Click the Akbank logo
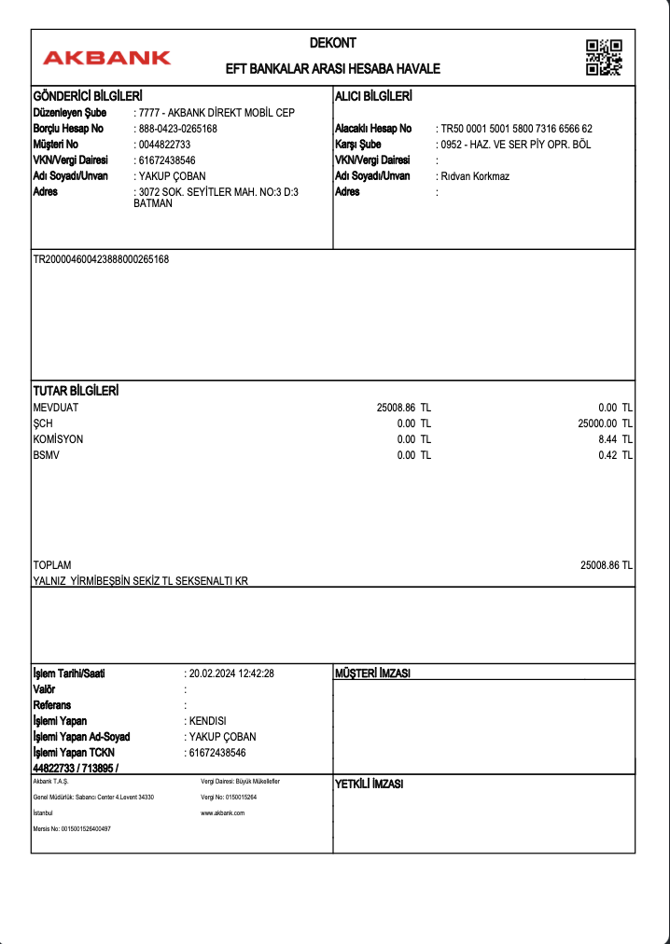(x=106, y=58)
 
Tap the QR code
(x=604, y=57)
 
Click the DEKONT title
(x=333, y=43)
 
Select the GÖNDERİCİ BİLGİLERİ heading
(x=88, y=96)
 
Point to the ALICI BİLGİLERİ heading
(x=373, y=96)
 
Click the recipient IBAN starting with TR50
(x=516, y=129)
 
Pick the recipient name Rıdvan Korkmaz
(x=475, y=176)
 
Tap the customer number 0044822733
(x=164, y=145)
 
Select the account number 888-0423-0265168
(x=177, y=129)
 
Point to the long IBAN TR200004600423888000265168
(x=102, y=258)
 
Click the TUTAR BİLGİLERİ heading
(x=76, y=391)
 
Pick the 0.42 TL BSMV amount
(x=616, y=455)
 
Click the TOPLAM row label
(x=52, y=565)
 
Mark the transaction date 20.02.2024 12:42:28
(x=230, y=673)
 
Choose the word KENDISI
(x=207, y=721)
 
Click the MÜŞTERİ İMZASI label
(x=373, y=673)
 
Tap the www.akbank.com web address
(x=223, y=813)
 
